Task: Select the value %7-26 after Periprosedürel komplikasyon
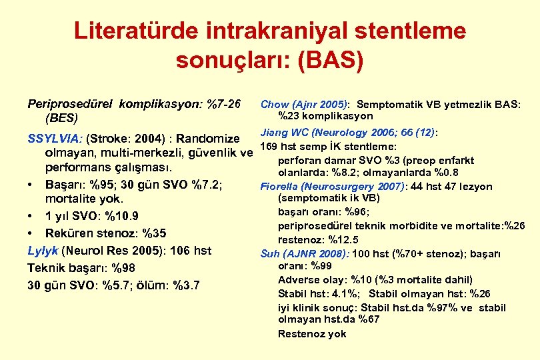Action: pos(223,105)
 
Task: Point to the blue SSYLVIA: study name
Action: pos(55,139)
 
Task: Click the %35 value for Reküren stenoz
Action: pos(152,233)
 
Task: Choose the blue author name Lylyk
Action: pos(43,251)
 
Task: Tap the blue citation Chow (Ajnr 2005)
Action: pos(304,105)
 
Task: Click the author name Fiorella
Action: pos(280,187)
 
